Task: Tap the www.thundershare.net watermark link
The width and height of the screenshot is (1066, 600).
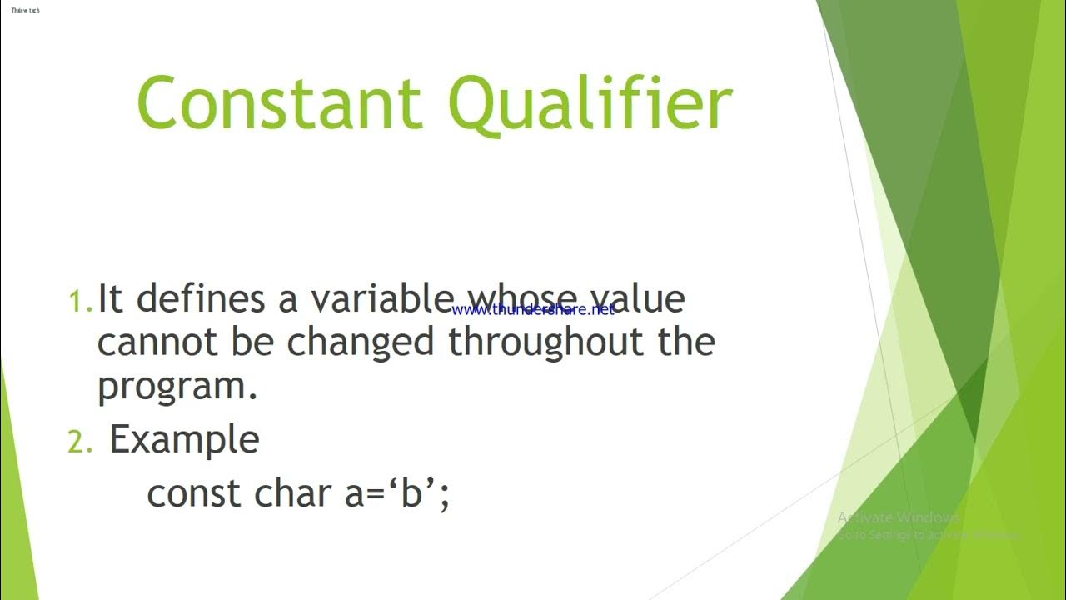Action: [533, 309]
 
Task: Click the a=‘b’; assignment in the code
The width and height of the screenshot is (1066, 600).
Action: [397, 494]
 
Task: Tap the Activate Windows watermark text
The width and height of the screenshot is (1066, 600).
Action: [899, 517]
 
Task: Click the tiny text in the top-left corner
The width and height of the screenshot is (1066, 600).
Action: [25, 10]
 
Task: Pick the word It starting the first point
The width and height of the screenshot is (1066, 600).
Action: [107, 298]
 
